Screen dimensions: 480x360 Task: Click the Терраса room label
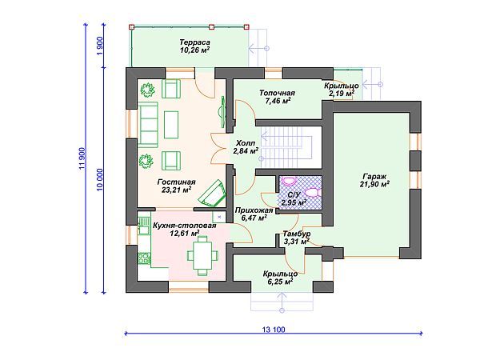[194, 42]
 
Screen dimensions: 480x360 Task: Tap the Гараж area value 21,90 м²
[374, 184]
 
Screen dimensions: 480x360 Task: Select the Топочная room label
[277, 93]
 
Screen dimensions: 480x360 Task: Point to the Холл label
[246, 143]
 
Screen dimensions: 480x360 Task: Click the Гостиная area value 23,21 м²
[176, 190]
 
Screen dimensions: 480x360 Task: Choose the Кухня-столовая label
[184, 226]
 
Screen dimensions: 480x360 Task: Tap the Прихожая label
[254, 210]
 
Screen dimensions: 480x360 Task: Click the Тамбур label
[297, 234]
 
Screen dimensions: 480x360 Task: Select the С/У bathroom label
[294, 194]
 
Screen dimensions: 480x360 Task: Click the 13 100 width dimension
[274, 330]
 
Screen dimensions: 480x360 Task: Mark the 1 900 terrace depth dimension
[100, 46]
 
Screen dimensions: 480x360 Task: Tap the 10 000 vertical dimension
[100, 180]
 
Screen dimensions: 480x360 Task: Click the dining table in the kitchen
[202, 255]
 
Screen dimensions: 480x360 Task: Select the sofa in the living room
[148, 125]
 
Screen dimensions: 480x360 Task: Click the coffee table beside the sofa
[171, 125]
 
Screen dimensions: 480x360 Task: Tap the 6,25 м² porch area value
[281, 282]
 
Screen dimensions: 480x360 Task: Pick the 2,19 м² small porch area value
[342, 93]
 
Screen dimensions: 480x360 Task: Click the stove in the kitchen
[143, 258]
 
